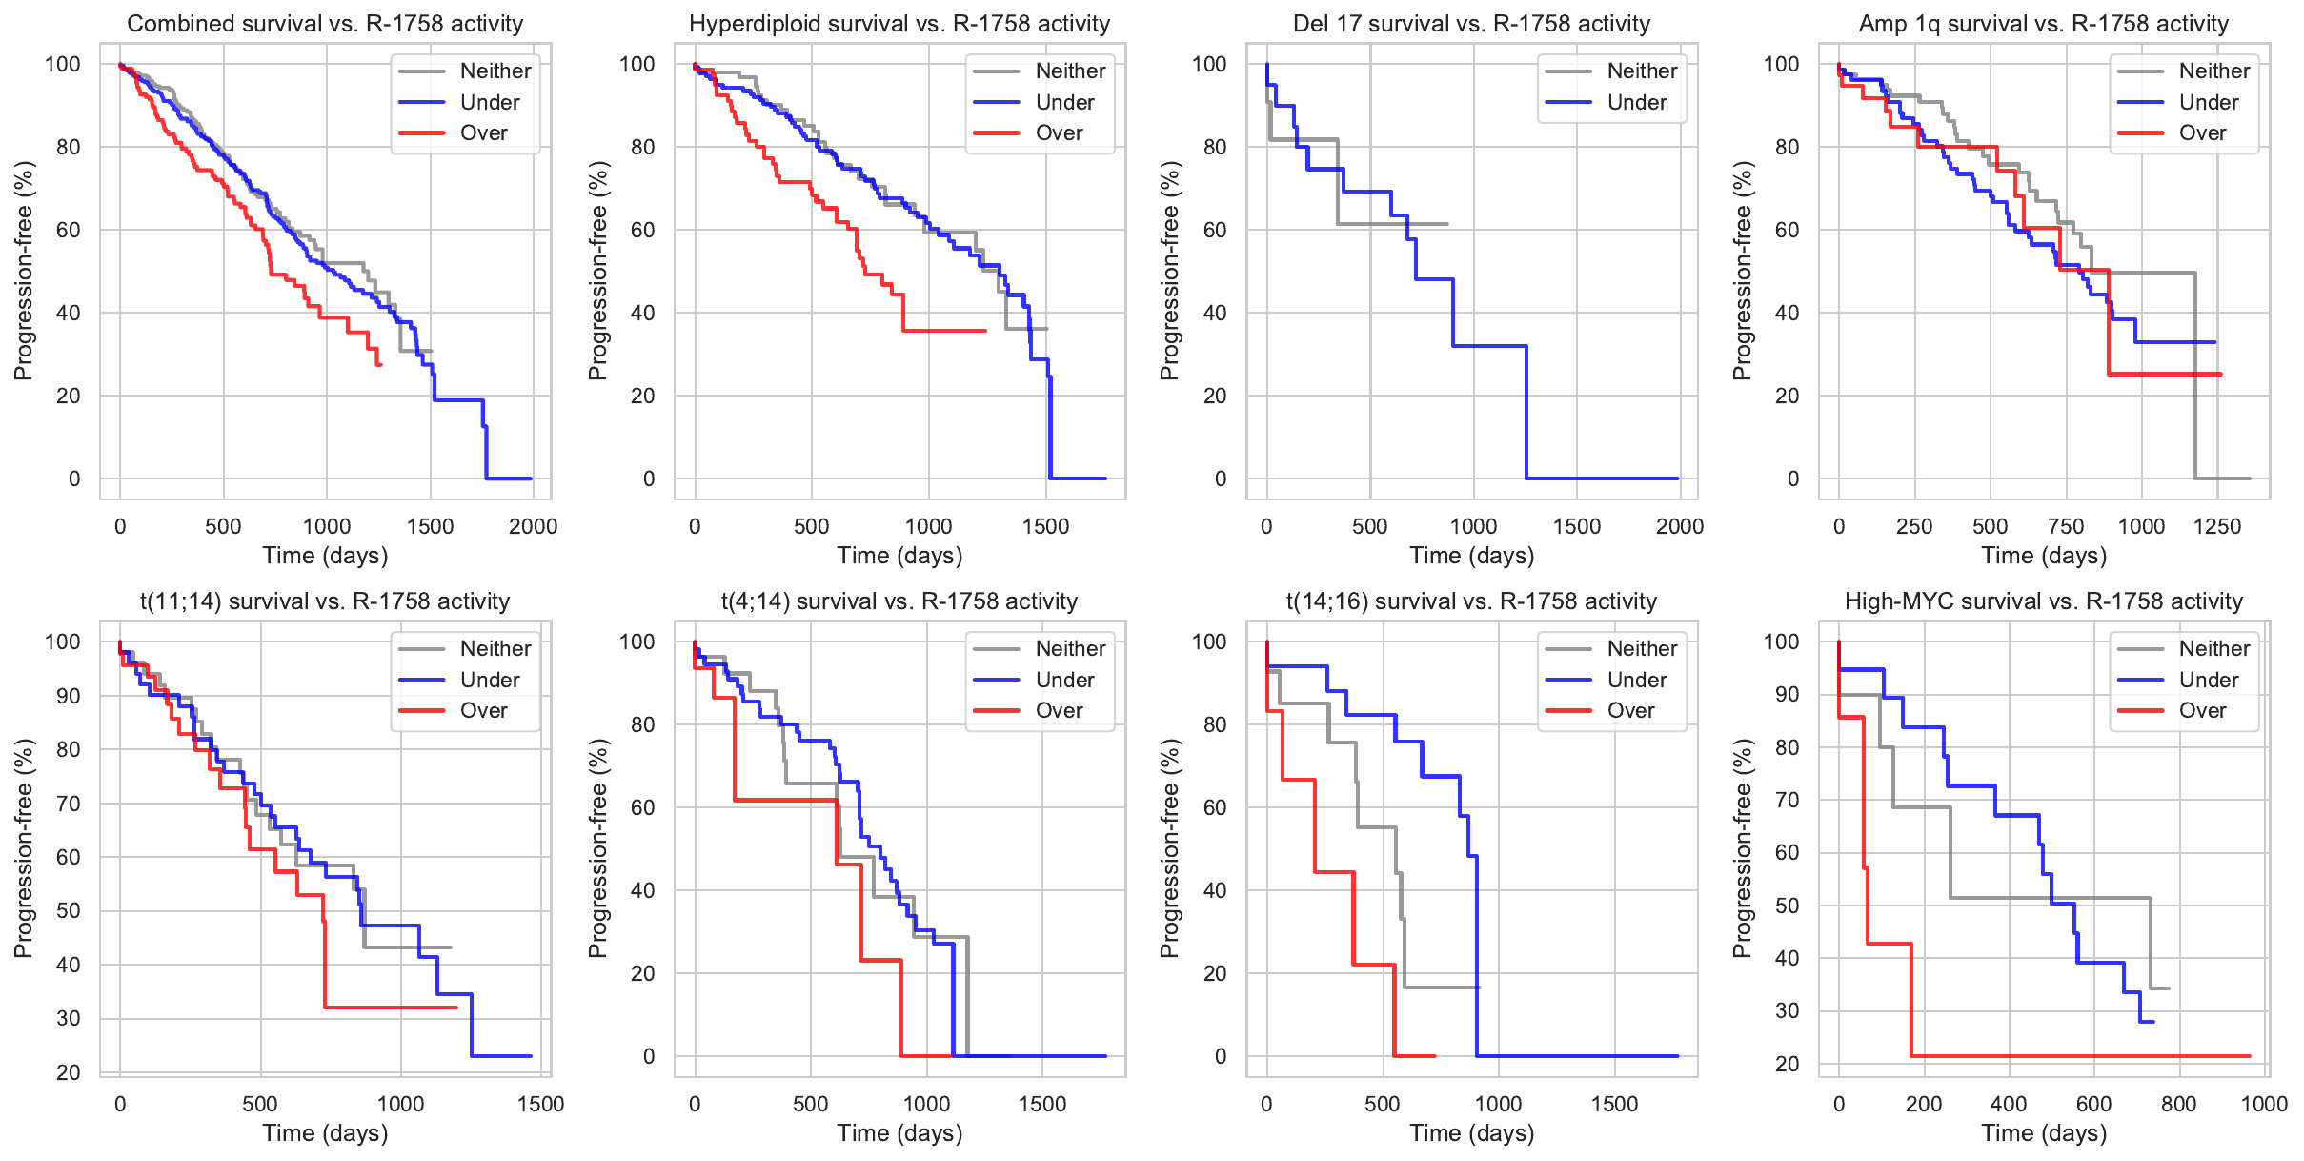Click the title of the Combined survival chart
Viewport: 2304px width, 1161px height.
325,24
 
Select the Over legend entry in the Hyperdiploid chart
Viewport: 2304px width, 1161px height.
1059,133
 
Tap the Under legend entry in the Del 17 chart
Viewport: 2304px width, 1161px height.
1636,102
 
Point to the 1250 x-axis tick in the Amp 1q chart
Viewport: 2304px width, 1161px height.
2216,526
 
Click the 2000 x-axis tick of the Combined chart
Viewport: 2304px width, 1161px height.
533,526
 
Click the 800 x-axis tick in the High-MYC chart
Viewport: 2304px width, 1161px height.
2179,1104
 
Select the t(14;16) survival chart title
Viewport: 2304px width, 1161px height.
1471,601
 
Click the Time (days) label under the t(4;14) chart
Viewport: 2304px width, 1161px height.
899,1133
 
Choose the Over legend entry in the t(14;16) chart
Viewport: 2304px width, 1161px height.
1630,711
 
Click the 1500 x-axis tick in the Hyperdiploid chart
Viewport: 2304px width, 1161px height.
1045,526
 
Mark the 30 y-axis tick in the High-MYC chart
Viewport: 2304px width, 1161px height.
1788,1011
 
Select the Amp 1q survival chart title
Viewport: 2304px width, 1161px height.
2043,24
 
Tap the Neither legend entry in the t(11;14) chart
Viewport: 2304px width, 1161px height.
495,648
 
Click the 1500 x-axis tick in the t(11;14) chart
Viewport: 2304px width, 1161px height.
540,1104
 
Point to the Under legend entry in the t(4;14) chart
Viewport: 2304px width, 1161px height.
1064,680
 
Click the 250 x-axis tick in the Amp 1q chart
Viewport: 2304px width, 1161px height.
1914,526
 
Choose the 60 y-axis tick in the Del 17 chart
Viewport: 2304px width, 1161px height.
1214,230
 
